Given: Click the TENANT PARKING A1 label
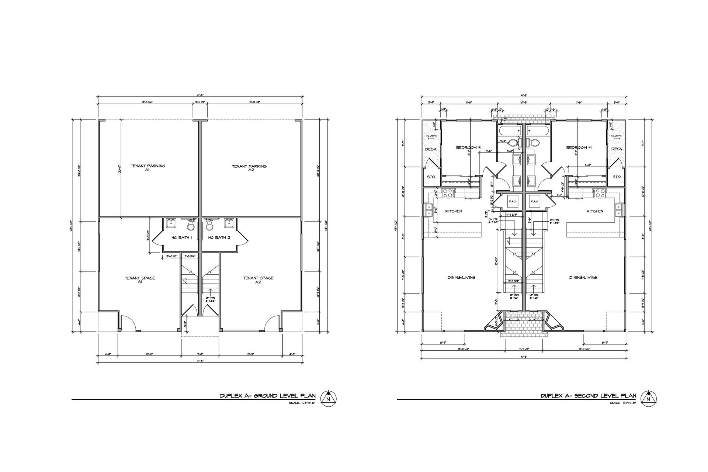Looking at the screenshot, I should (x=147, y=168).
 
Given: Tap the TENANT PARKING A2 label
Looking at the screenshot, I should (x=249, y=168).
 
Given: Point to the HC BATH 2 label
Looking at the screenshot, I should (x=219, y=237).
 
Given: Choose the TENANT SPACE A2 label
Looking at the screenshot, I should (x=258, y=280).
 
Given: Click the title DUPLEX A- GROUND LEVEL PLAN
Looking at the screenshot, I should (x=267, y=396).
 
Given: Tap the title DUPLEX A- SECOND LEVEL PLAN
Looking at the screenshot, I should (x=588, y=396).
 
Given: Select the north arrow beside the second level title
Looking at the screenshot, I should (x=648, y=399).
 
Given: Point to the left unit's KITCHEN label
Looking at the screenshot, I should (x=453, y=211).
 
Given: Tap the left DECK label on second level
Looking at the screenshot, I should (x=431, y=149).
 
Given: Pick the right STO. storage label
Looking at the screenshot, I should (x=617, y=177).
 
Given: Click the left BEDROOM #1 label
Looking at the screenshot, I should (x=469, y=147).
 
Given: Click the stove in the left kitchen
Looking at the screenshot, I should (x=448, y=192).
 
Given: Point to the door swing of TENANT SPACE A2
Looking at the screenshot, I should (x=271, y=323).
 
